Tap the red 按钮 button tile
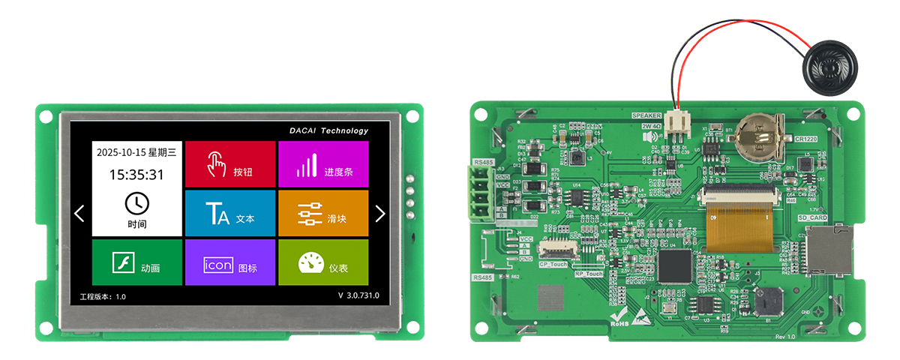[x=229, y=164]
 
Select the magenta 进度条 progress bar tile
[x=323, y=164]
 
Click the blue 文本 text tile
[x=229, y=213]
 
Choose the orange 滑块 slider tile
[x=323, y=214]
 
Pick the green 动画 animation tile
[x=136, y=262]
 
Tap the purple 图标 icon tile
[x=229, y=262]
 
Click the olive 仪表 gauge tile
[x=323, y=262]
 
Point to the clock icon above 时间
[x=136, y=202]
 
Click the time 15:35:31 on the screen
[x=136, y=175]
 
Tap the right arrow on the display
[x=379, y=214]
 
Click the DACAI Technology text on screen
[x=329, y=130]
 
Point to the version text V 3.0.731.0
[x=358, y=295]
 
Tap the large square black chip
[x=674, y=265]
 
